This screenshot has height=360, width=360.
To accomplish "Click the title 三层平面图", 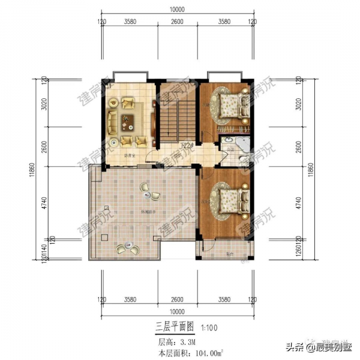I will (175, 327).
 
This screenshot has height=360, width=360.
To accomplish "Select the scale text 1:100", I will (210, 328).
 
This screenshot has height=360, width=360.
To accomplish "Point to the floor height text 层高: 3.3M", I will (176, 341).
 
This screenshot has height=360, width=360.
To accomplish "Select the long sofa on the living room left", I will (113, 119).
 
